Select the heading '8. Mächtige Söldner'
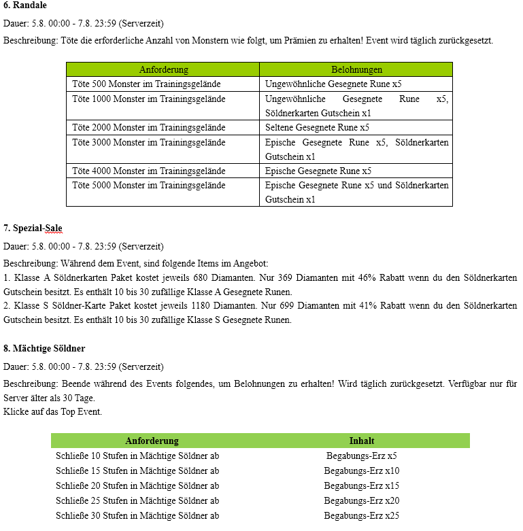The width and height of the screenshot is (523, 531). [44, 348]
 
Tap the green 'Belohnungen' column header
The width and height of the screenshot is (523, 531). [356, 69]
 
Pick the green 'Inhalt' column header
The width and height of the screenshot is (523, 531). [362, 441]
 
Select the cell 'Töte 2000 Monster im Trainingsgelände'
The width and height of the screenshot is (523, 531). [148, 127]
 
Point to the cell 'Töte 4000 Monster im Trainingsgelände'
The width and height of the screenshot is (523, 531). [148, 171]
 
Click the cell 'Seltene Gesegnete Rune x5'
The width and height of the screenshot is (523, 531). [317, 127]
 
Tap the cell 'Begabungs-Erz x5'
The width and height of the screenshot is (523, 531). [362, 456]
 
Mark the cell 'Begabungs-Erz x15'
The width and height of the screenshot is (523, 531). [362, 485]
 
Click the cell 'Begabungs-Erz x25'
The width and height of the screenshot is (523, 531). [362, 515]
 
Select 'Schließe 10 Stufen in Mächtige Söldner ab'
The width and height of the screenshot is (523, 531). [137, 456]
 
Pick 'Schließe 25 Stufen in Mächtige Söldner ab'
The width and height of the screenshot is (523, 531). [137, 500]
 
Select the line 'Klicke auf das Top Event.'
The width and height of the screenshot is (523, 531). [53, 411]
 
